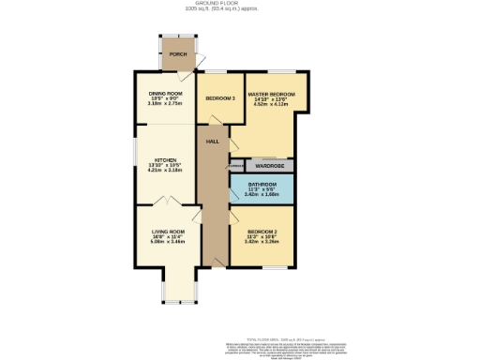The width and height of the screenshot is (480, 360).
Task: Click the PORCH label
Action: (178, 54)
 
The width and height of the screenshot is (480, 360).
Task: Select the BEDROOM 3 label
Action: (219, 97)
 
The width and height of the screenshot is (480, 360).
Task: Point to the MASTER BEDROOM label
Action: (270, 95)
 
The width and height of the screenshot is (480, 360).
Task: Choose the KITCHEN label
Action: (165, 160)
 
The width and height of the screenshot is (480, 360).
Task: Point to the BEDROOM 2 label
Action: (262, 231)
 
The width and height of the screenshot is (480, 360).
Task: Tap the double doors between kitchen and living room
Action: (166, 202)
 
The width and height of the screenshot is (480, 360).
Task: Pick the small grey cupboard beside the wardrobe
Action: (235, 166)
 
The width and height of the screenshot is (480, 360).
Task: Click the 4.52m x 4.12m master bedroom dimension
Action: (270, 106)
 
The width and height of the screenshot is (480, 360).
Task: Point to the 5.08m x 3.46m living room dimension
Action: (168, 242)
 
